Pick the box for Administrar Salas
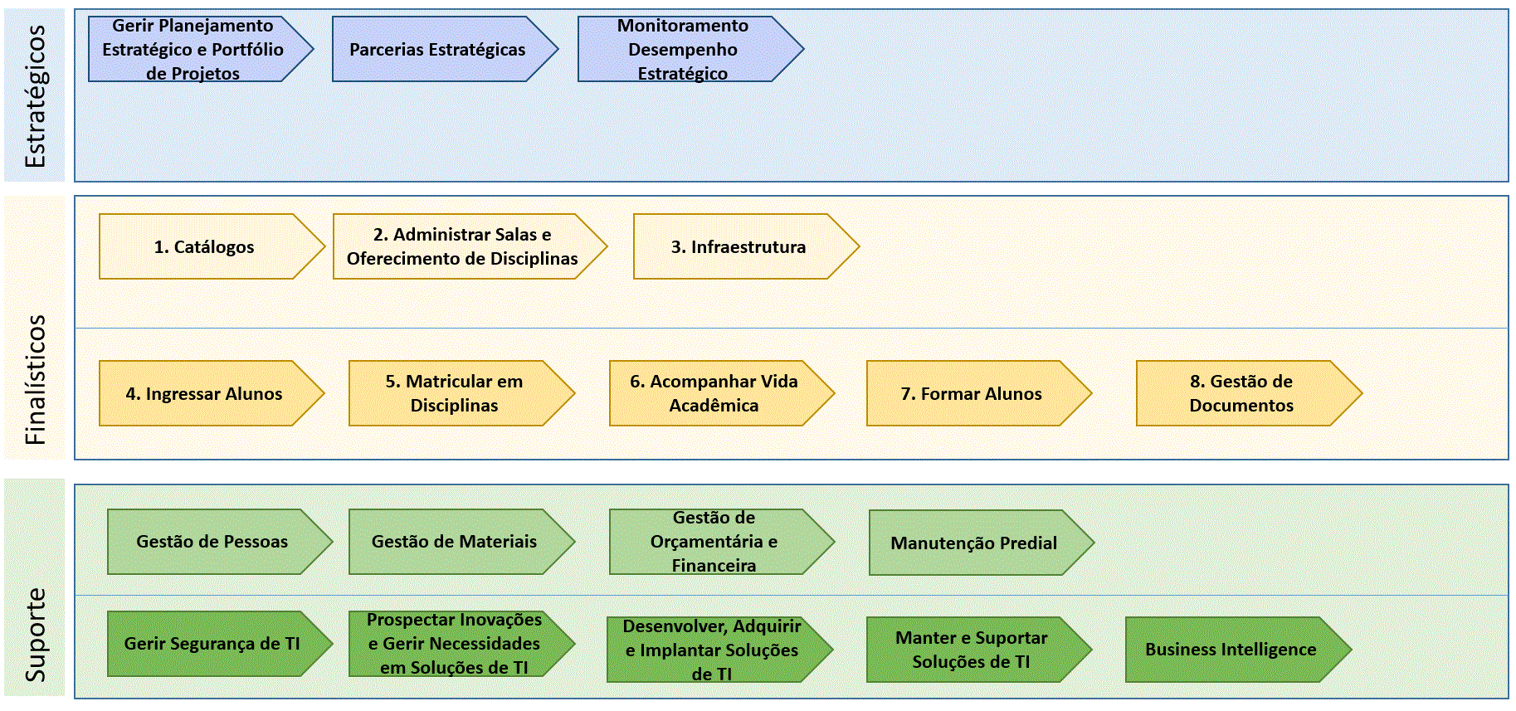[470, 246]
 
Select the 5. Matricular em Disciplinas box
[461, 393]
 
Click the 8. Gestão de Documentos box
[1249, 393]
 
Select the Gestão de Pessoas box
[220, 542]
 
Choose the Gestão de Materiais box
[461, 542]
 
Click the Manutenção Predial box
[982, 543]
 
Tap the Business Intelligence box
[1238, 650]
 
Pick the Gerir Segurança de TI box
[220, 644]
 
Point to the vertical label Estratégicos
[35, 95]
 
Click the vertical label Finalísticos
[35, 379]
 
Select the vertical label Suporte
[35, 635]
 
